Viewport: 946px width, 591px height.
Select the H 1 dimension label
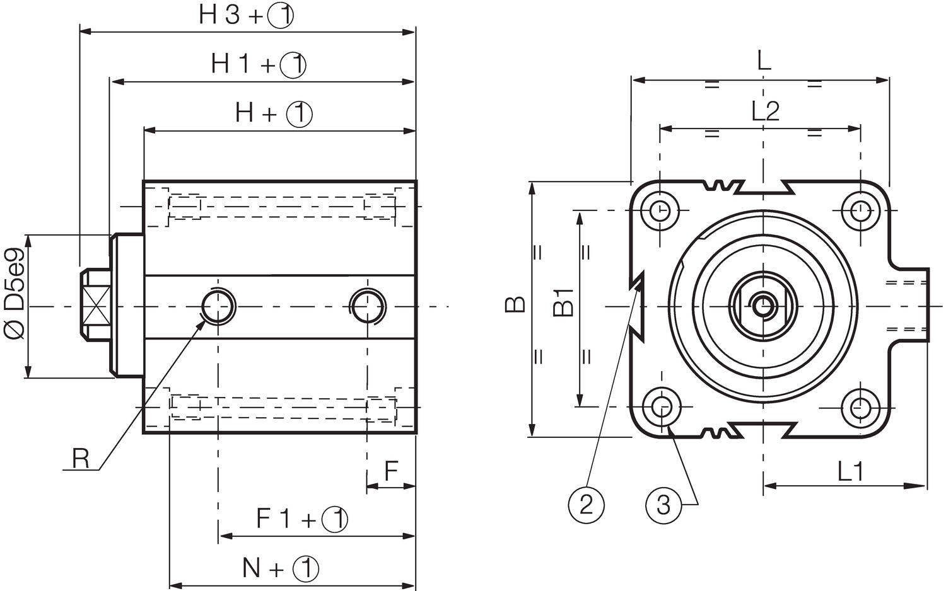231,64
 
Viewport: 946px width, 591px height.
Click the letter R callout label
80,459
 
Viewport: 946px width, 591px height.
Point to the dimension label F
391,470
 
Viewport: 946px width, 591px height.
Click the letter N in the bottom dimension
252,568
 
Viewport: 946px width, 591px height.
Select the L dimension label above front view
763,62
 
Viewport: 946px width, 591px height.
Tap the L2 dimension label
765,112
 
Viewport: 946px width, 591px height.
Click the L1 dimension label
850,471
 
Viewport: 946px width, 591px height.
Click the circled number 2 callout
587,504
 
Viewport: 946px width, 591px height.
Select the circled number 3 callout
663,505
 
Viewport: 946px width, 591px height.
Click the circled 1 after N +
306,569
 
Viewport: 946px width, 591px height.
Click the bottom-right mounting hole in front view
860,407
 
